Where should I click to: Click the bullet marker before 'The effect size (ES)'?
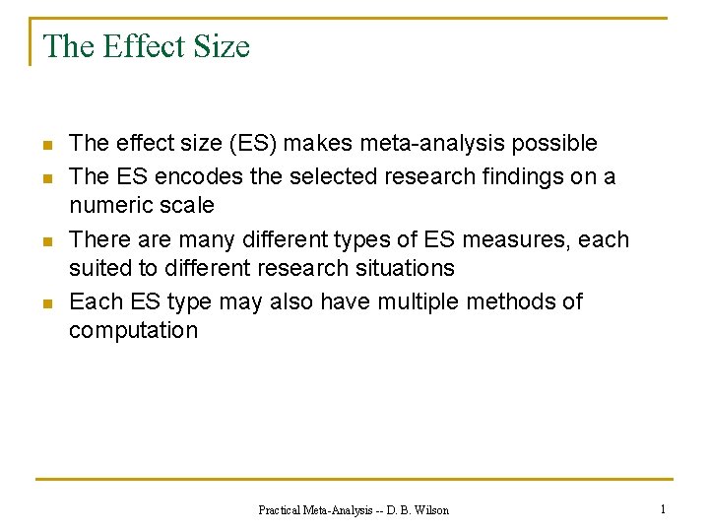(45, 146)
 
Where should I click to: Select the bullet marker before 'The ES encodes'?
(45, 177)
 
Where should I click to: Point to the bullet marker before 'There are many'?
(45, 240)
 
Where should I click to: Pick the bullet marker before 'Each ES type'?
(45, 303)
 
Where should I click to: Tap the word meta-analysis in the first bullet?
(433, 144)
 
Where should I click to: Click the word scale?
(187, 206)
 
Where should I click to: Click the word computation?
(133, 331)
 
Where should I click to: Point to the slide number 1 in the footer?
(663, 509)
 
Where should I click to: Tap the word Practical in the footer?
(281, 510)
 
